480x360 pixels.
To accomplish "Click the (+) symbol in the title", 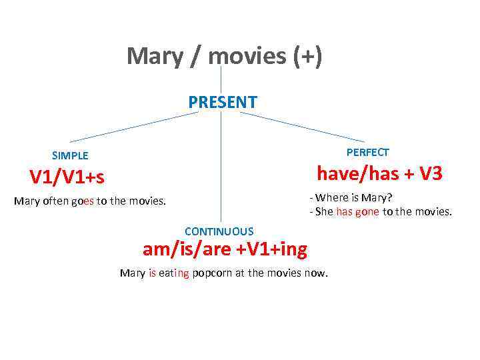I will [x=307, y=56].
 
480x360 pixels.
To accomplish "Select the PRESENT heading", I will [x=222, y=102].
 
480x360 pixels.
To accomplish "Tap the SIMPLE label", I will [x=70, y=155].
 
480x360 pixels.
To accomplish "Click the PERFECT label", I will [x=367, y=152].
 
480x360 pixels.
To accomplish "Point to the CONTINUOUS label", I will [x=219, y=231].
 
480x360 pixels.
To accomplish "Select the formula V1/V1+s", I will [x=67, y=177].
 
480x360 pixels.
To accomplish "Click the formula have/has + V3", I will [x=379, y=174].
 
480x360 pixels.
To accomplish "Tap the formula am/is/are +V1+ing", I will [x=225, y=249].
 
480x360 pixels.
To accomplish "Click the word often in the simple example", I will [x=57, y=201].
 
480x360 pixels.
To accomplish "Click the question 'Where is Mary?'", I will [x=353, y=197].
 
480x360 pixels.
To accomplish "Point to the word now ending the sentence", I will [x=316, y=273].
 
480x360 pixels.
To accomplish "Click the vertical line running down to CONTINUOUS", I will [x=221, y=173].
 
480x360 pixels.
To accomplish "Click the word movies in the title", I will [x=247, y=56].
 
